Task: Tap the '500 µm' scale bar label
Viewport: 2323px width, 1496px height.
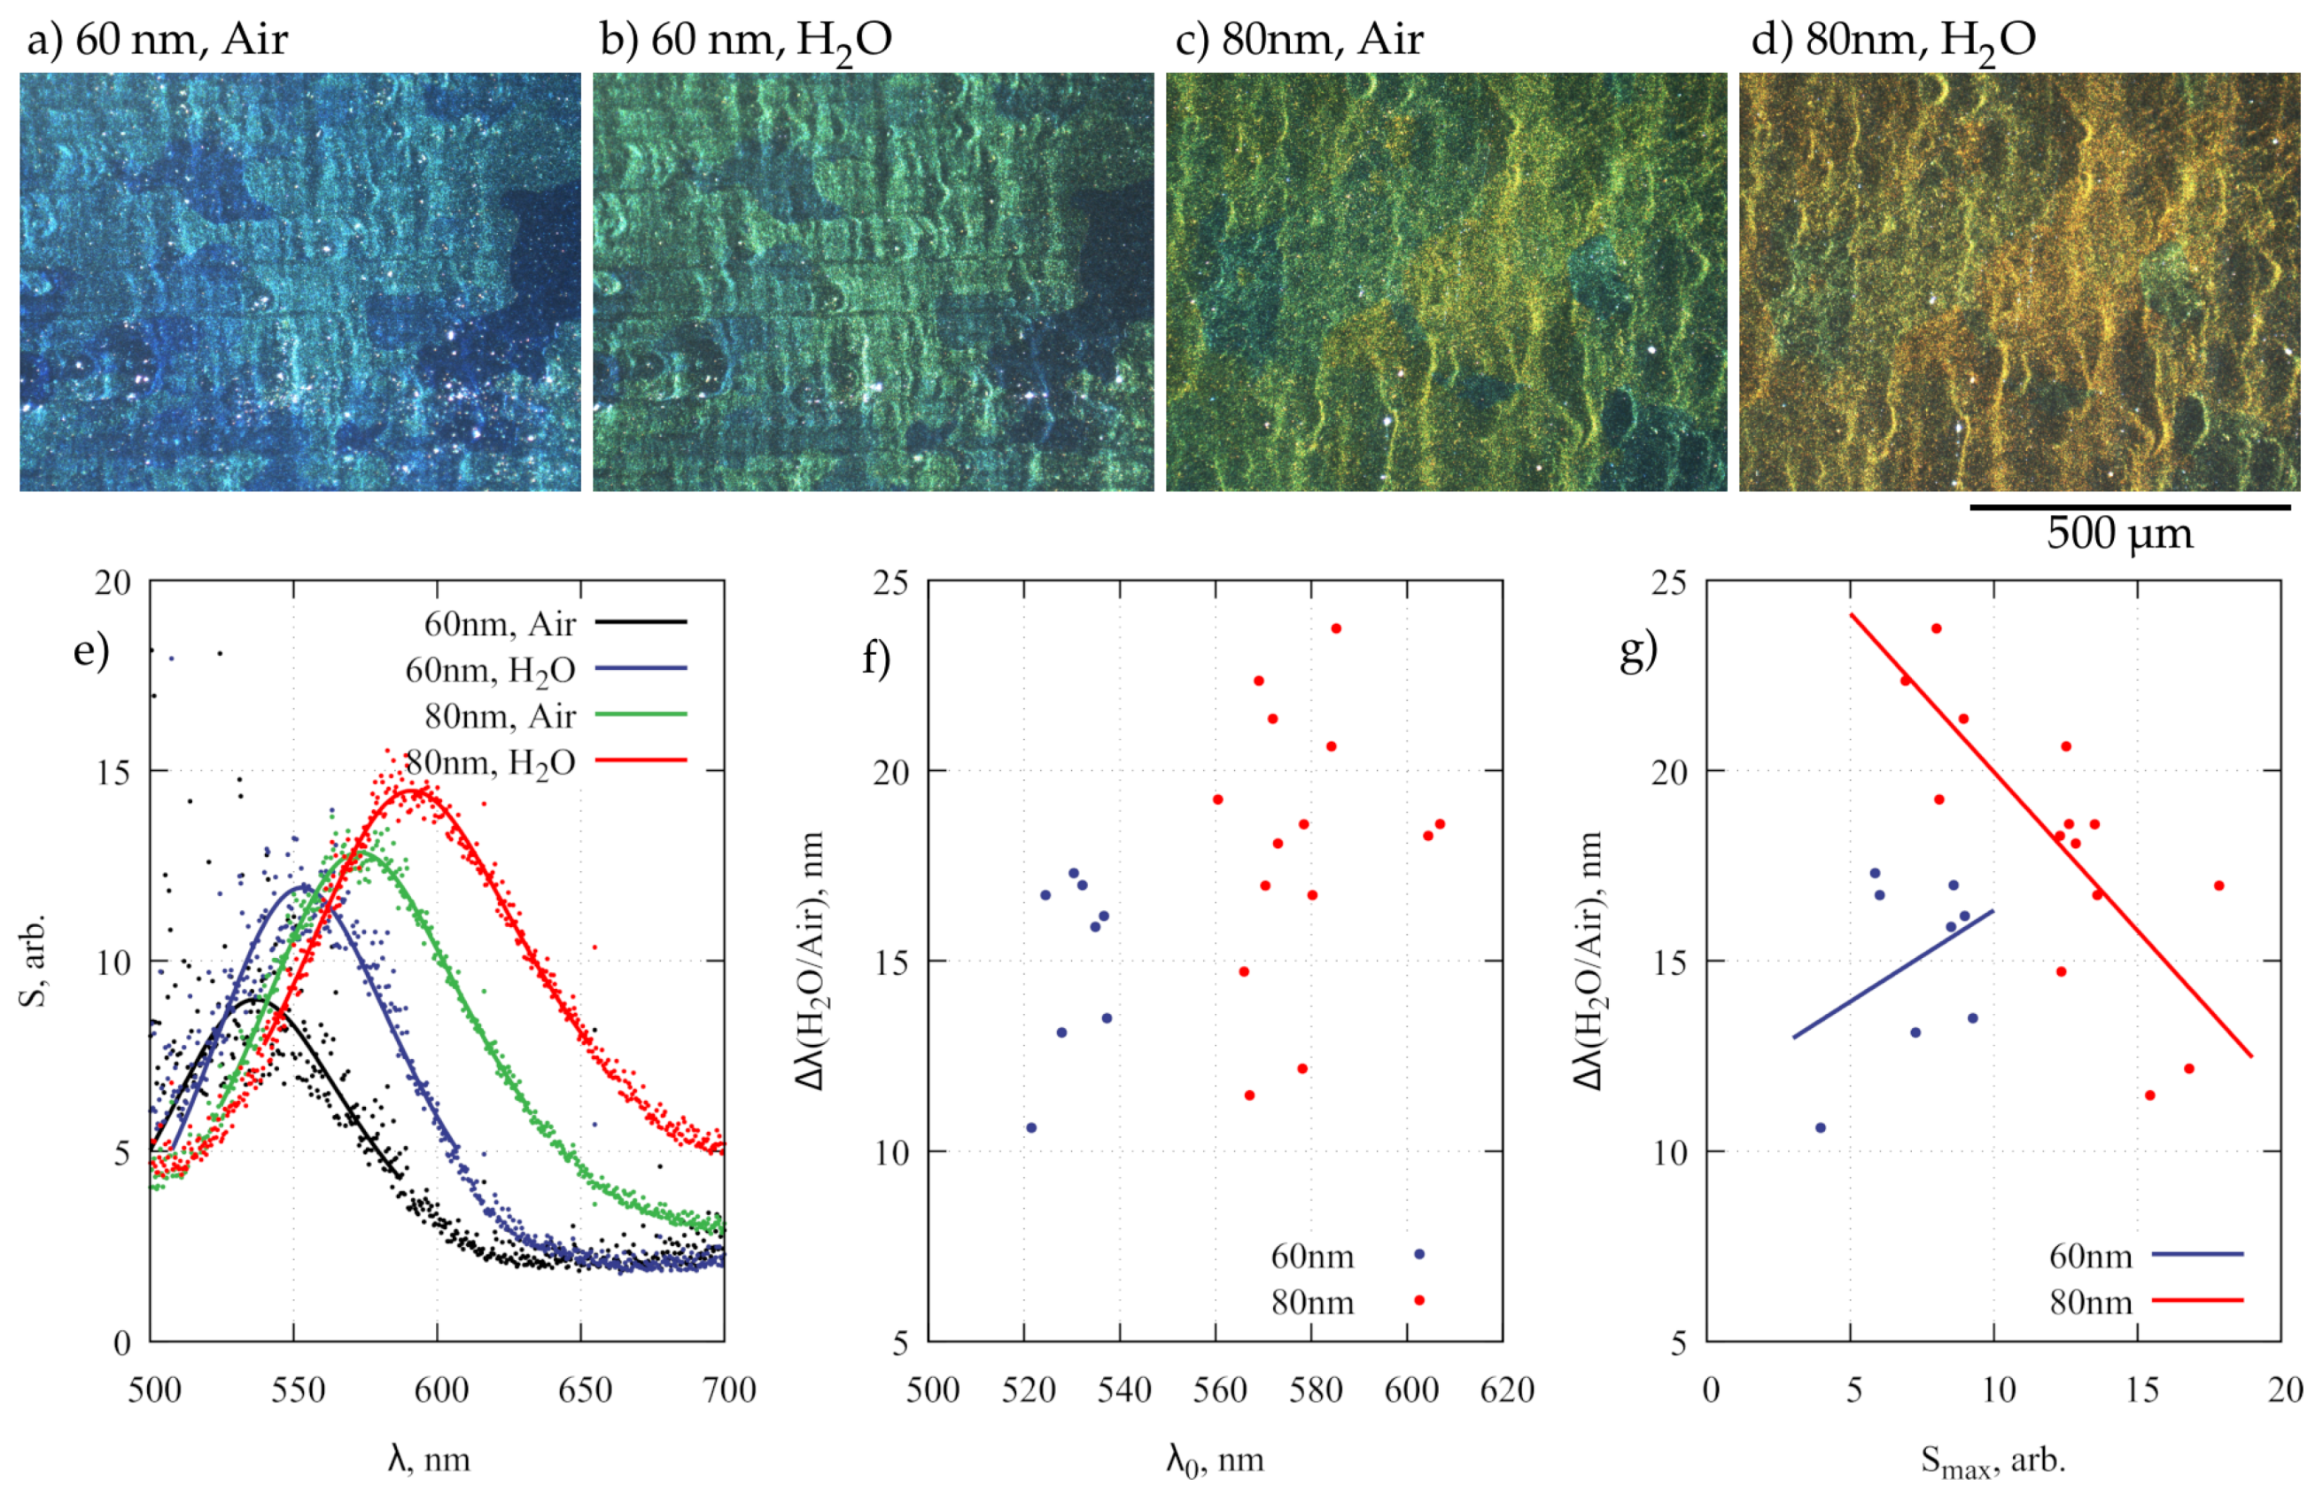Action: coord(2119,534)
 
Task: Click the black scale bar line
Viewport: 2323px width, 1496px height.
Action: coord(2129,506)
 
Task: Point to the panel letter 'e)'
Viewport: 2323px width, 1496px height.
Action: coord(91,649)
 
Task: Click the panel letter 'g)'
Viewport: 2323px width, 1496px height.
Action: coord(1638,651)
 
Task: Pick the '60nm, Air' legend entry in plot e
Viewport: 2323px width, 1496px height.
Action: coord(554,623)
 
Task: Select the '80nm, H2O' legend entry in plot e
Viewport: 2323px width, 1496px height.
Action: coord(544,761)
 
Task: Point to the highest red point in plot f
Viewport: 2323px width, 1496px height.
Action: coord(1335,628)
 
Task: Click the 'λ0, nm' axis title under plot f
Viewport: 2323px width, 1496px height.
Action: coord(1215,1460)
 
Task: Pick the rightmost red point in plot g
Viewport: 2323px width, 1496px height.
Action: coord(2219,886)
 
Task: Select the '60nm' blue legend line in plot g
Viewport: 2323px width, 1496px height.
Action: coord(2197,1254)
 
